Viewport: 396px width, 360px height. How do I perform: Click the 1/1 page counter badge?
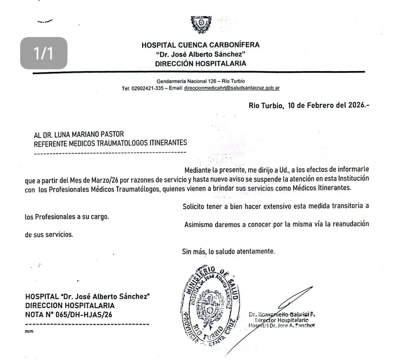point(44,54)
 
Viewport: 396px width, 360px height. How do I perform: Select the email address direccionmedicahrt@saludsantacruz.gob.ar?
point(232,88)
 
